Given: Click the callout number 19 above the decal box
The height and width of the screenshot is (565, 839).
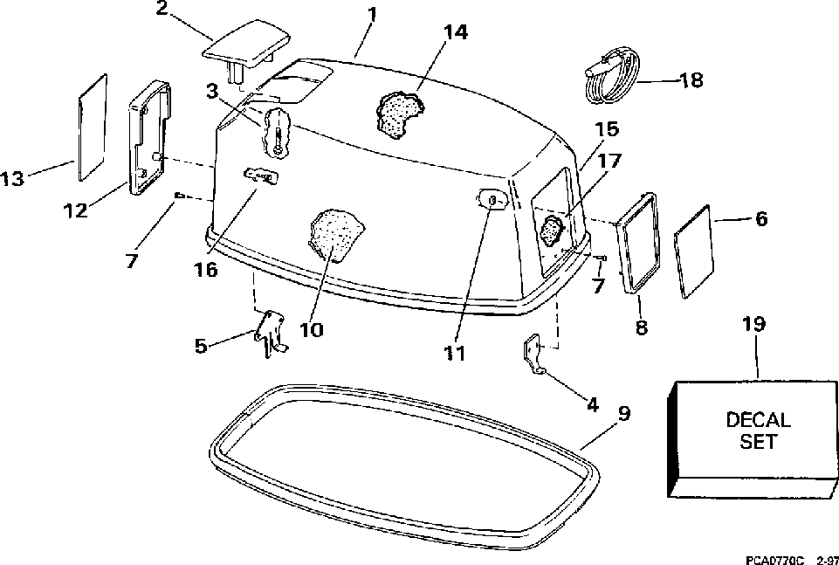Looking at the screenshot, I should click(x=753, y=325).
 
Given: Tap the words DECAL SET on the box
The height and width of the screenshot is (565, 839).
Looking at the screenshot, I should click(x=758, y=431).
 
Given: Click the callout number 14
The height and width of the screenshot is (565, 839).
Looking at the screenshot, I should click(x=455, y=33).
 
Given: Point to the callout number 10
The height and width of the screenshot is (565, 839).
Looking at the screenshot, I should click(x=311, y=330).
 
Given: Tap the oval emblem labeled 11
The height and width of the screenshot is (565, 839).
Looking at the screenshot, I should click(x=492, y=202).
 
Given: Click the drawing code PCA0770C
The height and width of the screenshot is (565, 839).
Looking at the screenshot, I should click(x=781, y=556).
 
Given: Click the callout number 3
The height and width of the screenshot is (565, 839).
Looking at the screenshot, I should click(x=212, y=90).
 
